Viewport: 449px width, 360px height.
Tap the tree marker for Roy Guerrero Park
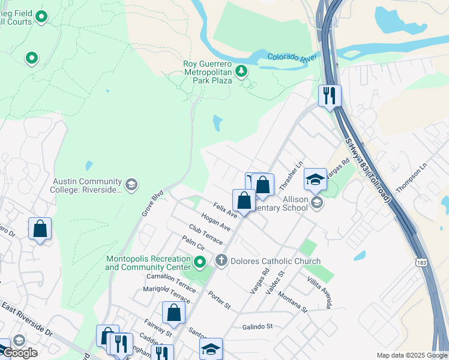241,72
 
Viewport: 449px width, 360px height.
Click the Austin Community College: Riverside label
88,185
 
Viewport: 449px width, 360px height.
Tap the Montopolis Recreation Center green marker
201,262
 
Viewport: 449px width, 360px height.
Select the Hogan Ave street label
216,223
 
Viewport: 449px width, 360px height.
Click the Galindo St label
258,326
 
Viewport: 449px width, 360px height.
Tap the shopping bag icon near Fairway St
173,312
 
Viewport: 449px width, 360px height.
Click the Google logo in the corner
19,353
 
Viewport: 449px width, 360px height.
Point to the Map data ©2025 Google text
412,355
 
